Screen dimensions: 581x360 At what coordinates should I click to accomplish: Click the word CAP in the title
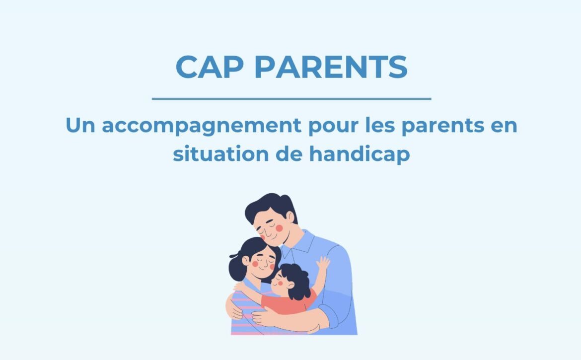(x=210, y=67)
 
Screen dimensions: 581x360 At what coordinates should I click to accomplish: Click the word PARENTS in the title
(x=331, y=67)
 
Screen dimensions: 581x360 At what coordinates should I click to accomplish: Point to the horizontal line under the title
(x=291, y=99)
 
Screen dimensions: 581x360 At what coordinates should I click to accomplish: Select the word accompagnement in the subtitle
(x=202, y=126)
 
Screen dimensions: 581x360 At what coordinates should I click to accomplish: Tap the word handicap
(x=360, y=154)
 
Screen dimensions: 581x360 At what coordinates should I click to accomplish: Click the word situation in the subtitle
(x=220, y=154)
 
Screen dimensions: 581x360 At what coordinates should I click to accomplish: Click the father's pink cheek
(x=279, y=228)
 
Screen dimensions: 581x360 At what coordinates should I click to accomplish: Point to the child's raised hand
(x=323, y=263)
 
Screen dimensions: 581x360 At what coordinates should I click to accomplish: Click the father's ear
(x=290, y=217)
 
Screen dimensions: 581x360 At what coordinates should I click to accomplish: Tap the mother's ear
(x=246, y=261)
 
